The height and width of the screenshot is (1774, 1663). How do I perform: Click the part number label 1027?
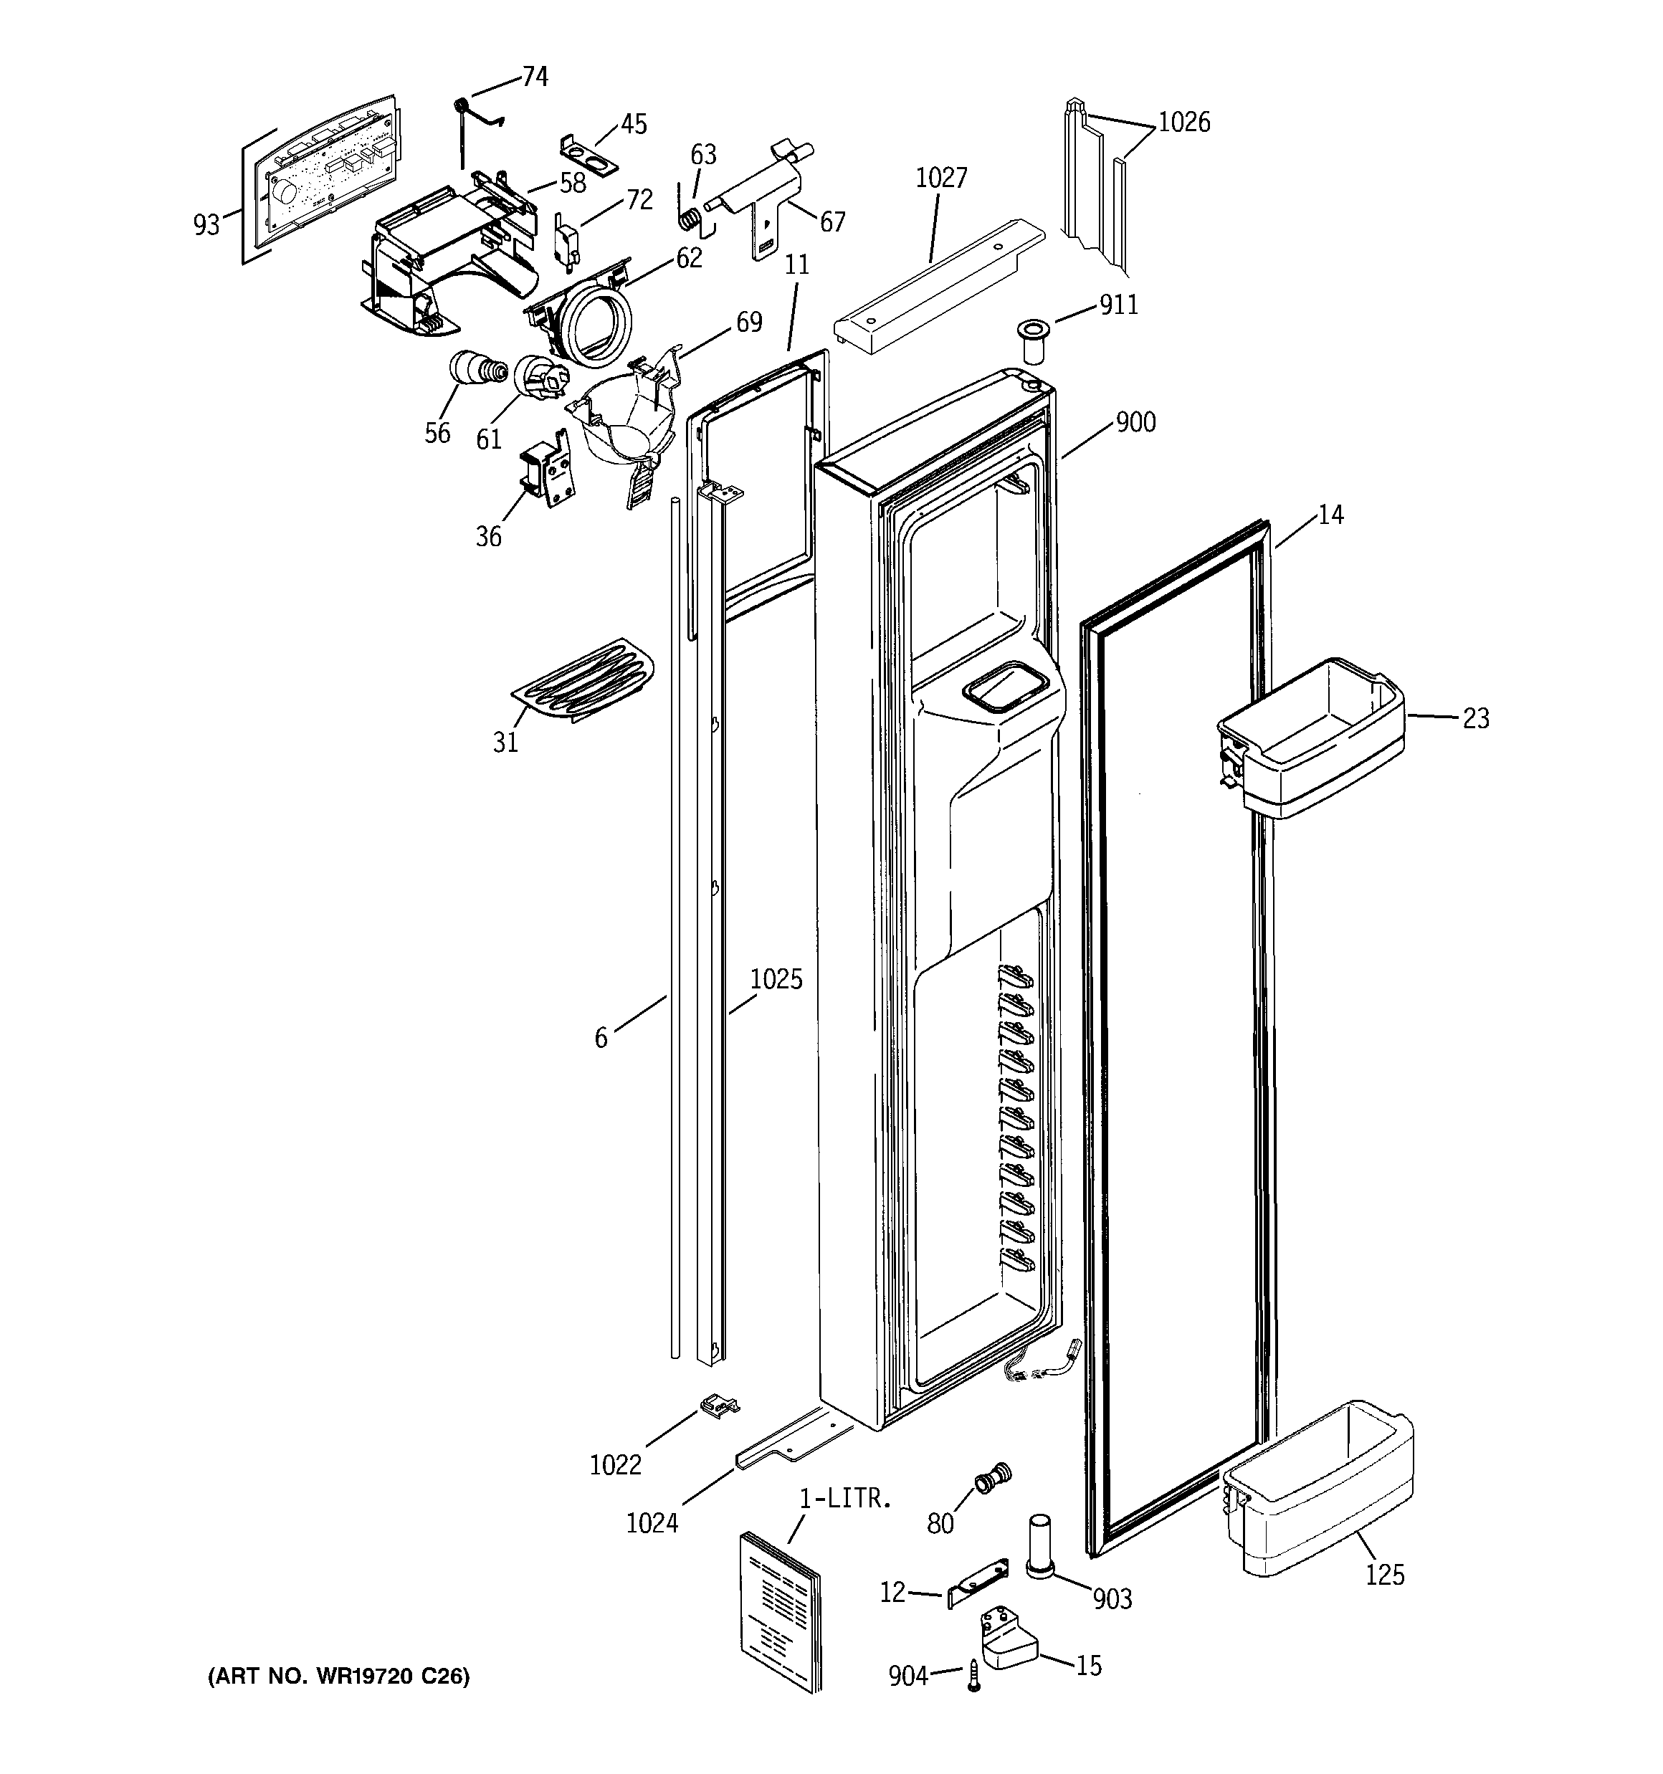[x=941, y=178]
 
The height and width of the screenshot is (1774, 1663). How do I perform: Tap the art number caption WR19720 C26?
[x=338, y=1677]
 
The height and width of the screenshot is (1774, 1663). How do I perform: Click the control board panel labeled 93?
[x=321, y=174]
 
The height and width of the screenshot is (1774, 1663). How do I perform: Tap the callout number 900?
[x=1135, y=422]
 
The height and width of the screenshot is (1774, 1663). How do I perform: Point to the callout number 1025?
[x=775, y=980]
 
